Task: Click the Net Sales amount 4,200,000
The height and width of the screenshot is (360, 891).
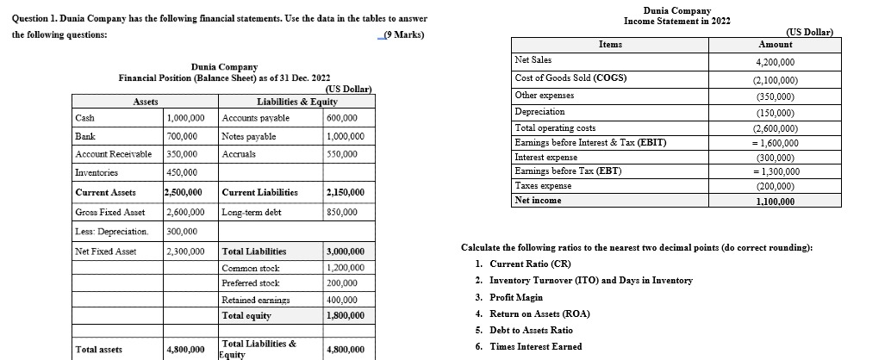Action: coord(775,62)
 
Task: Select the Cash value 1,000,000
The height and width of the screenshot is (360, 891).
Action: coord(185,117)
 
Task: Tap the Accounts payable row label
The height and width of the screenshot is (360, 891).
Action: coord(245,117)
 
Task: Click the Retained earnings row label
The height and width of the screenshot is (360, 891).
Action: coord(250,300)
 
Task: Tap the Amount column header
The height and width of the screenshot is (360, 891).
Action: coord(775,44)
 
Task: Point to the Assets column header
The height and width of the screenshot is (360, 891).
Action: coord(144,101)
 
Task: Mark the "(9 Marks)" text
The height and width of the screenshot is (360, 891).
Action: coord(402,34)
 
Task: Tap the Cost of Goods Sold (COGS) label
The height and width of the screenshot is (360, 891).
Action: coord(570,78)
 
